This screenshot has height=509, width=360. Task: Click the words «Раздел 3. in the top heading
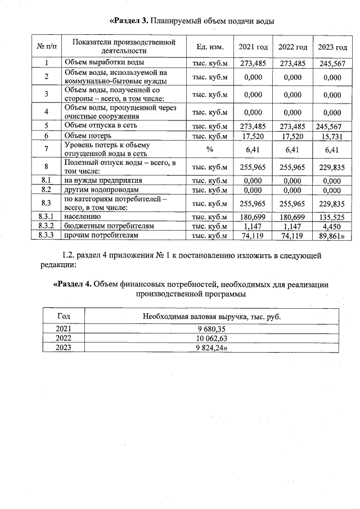click(x=129, y=21)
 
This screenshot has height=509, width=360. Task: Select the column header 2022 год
click(x=292, y=46)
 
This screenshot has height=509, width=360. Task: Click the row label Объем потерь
click(x=88, y=136)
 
